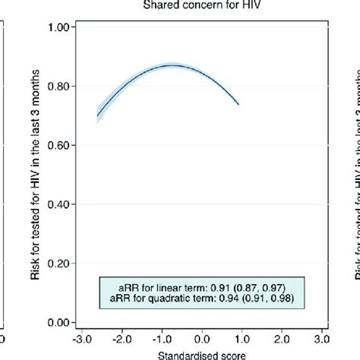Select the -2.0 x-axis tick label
pos(119,337)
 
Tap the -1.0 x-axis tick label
pos(160,337)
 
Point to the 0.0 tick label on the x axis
pos(202,337)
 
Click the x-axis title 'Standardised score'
pos(201,354)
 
